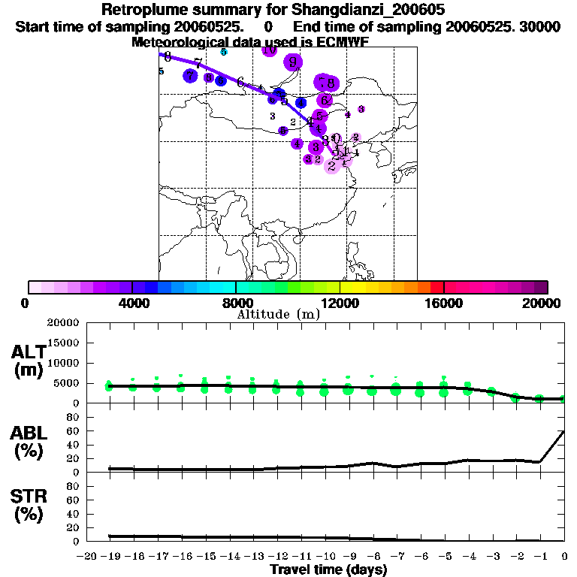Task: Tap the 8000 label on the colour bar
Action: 236,302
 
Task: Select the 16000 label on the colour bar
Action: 444,302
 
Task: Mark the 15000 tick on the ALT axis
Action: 65,343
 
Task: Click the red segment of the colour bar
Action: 437,287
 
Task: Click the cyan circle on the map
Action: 224,52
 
